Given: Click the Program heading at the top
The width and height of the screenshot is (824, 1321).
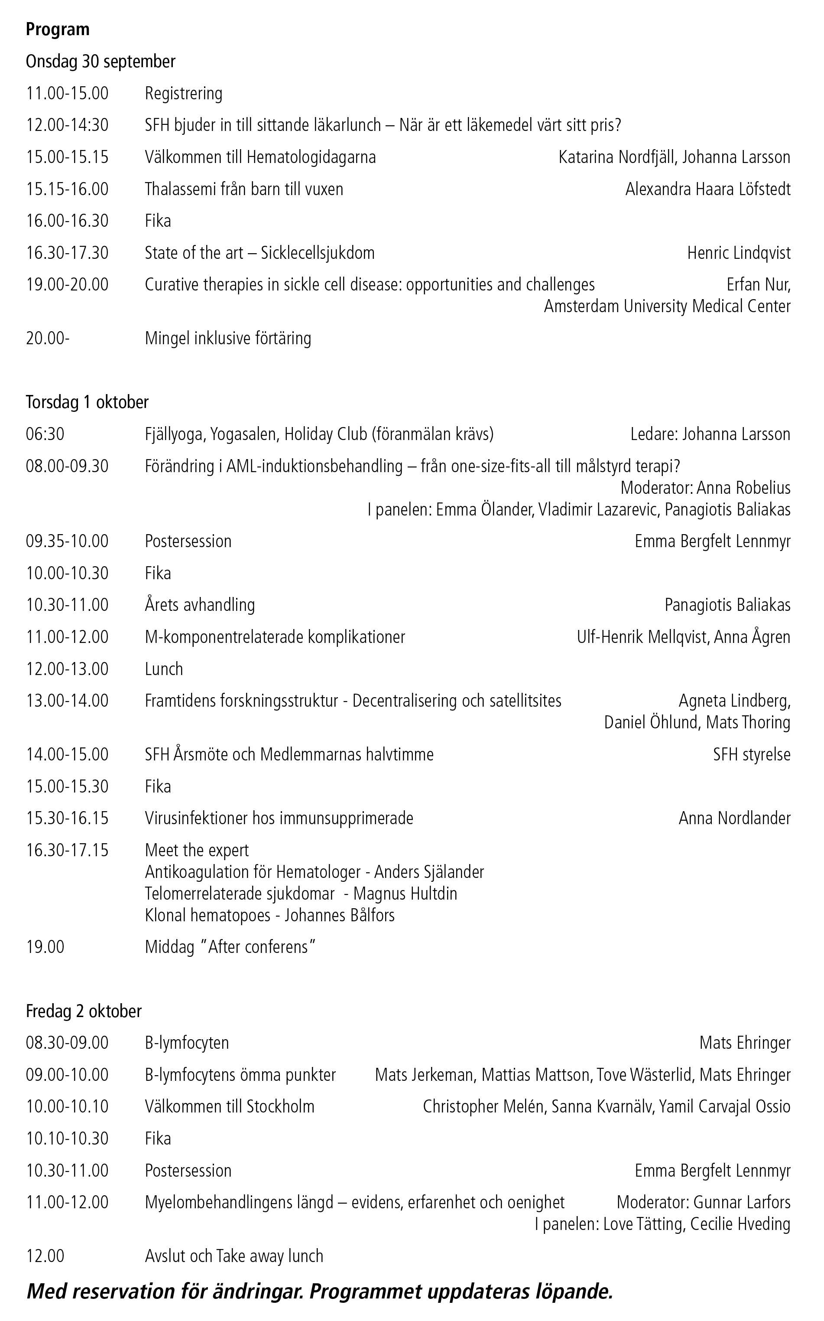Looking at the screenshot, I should [x=57, y=29].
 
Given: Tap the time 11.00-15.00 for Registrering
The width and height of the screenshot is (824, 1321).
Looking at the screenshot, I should [x=67, y=94].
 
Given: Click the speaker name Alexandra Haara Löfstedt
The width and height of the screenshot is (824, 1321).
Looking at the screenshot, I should [x=707, y=190].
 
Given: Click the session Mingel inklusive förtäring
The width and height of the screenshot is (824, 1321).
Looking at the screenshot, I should [x=228, y=339].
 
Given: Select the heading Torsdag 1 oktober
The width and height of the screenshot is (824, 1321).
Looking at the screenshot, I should [x=87, y=402].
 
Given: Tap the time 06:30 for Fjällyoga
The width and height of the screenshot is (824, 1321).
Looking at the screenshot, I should [x=45, y=434].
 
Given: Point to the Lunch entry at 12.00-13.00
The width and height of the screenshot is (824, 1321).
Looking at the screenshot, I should [x=163, y=669].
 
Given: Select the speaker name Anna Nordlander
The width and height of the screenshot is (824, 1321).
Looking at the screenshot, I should [x=734, y=819].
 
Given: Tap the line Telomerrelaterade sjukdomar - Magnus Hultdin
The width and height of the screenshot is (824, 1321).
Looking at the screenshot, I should [x=301, y=894].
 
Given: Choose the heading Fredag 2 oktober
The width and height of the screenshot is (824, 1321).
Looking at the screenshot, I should [x=83, y=1011].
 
